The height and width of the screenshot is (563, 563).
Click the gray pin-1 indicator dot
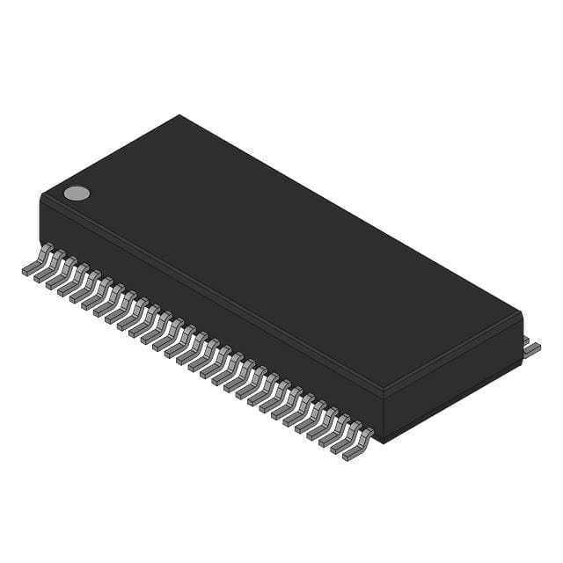pos(77,194)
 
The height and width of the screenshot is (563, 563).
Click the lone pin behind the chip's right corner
pos(530,348)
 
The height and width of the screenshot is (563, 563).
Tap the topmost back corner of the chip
pos(179,115)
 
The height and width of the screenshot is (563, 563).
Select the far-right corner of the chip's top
pos(522,312)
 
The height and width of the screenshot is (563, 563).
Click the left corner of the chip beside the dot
pos(41,195)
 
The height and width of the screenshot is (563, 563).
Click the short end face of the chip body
pos(453,385)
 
